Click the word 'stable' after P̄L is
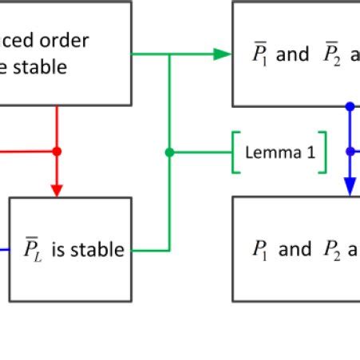[x=98, y=250]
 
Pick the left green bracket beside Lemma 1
[x=237, y=152]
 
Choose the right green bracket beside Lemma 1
[x=322, y=152]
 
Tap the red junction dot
[x=57, y=151]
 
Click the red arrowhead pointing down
[x=57, y=188]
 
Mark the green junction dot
[x=168, y=152]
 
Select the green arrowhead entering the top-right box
[x=222, y=55]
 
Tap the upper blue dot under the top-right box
[x=350, y=106]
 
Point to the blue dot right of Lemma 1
[x=350, y=151]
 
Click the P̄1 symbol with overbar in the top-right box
[x=261, y=55]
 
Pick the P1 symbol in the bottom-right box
[x=260, y=250]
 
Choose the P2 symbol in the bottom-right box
[x=331, y=250]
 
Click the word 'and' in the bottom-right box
[x=295, y=250]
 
